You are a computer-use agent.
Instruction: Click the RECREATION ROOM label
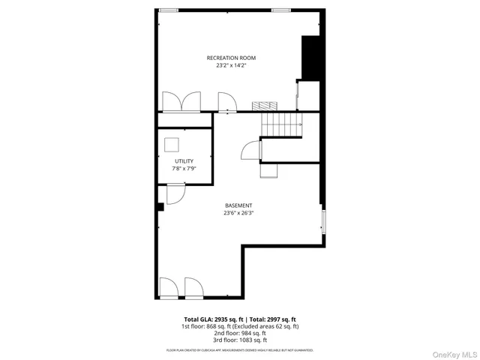click(231, 58)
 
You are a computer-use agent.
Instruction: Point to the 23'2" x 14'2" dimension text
click(231, 66)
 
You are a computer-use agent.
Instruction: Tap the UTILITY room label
click(184, 161)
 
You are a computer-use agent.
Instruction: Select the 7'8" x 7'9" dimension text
click(184, 169)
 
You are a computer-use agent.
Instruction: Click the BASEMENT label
click(238, 205)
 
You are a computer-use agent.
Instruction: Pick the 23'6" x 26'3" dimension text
click(238, 213)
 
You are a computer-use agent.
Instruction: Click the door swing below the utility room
click(175, 194)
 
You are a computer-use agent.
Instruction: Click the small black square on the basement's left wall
click(160, 206)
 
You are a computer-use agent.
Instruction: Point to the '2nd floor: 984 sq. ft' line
click(240, 333)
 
